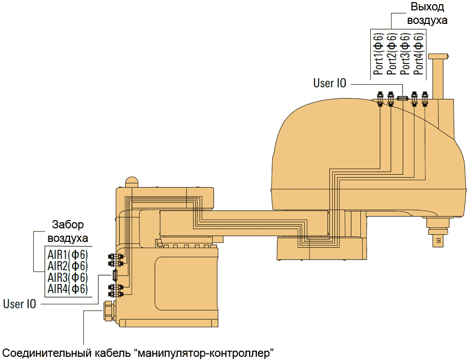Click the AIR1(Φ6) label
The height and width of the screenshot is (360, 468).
click(68, 255)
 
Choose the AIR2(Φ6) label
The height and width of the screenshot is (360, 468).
click(68, 266)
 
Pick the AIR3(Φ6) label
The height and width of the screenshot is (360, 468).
click(68, 277)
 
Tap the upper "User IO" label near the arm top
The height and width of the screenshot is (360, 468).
click(330, 83)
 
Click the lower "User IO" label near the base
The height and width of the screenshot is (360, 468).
click(20, 304)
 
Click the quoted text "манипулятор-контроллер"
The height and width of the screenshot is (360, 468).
click(204, 352)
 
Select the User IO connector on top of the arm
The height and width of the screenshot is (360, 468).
click(402, 97)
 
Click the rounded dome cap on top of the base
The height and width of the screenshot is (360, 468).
click(132, 182)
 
